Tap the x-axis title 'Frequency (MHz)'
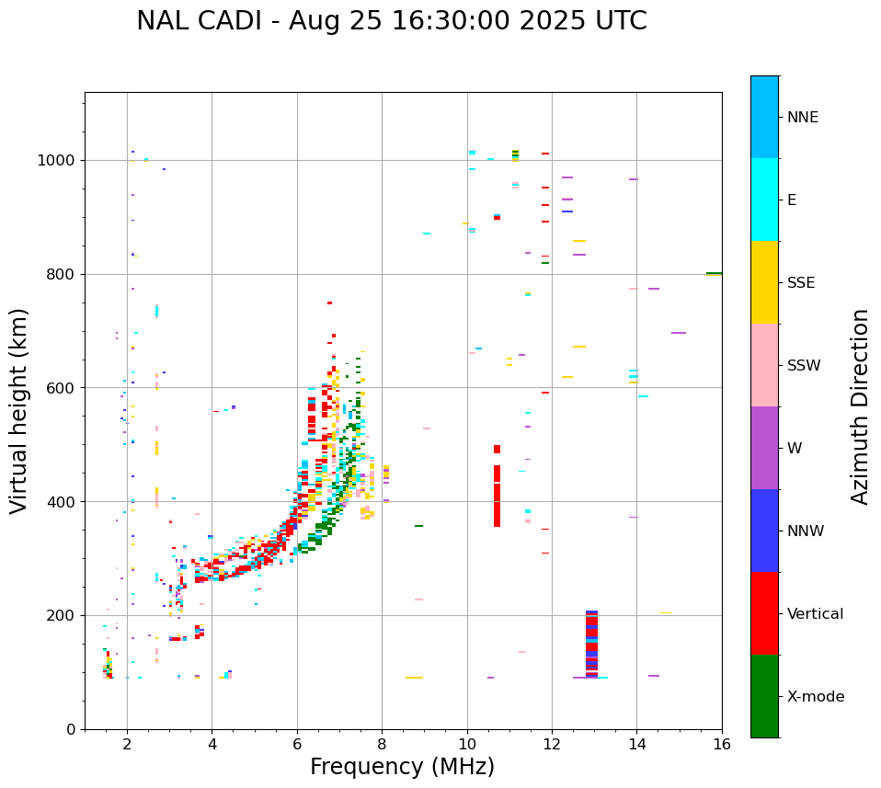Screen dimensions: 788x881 402,767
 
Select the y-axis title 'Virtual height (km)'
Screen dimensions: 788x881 19,410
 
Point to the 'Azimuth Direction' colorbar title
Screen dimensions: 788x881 860,406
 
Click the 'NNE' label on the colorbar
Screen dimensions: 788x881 802,118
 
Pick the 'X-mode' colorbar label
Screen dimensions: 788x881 815,697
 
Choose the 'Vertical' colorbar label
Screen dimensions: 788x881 815,614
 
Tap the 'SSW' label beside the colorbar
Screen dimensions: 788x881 804,366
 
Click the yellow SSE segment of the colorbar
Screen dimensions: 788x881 764,282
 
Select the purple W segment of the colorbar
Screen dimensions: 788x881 764,448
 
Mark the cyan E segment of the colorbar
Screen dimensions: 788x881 764,200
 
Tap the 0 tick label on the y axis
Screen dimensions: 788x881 72,729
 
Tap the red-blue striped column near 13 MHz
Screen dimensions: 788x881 591,644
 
